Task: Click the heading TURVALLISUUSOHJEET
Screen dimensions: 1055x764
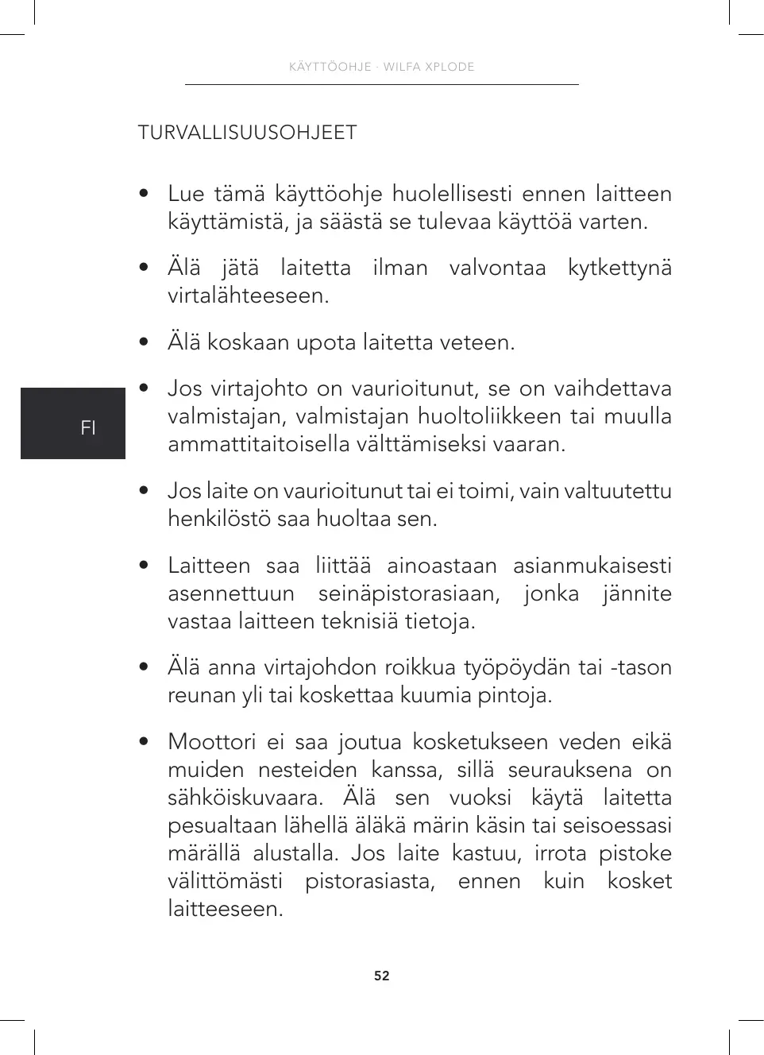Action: [x=247, y=133]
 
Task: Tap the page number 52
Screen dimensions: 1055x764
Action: [x=382, y=976]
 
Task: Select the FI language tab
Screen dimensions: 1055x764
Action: [x=88, y=427]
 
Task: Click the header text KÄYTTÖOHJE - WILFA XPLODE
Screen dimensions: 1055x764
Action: [x=382, y=67]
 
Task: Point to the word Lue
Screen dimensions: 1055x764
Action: [x=186, y=194]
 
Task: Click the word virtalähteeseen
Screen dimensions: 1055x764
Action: [x=248, y=296]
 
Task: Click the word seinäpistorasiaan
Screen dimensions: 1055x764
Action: [x=409, y=593]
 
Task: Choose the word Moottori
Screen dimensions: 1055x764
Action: [x=211, y=742]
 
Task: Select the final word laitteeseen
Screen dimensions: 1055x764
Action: [x=225, y=909]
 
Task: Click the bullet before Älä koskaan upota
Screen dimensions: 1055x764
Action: [x=143, y=342]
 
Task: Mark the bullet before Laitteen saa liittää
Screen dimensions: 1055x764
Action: [x=143, y=566]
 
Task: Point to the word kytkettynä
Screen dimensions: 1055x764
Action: [x=619, y=269]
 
